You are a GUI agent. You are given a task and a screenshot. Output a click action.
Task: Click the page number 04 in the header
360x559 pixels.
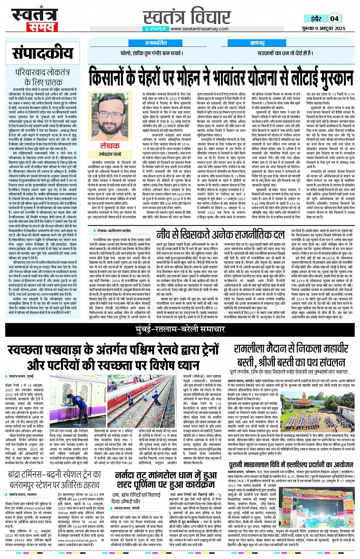(334, 19)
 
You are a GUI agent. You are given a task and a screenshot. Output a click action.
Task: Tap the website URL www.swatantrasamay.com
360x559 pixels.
(200, 29)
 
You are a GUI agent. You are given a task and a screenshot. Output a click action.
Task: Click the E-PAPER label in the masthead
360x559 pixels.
(155, 29)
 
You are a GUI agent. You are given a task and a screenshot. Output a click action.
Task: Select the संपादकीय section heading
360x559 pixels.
(43, 53)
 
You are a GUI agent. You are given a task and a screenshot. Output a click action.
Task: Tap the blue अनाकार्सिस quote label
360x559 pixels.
(155, 43)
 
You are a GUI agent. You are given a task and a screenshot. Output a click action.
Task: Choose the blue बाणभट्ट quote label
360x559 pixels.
(257, 43)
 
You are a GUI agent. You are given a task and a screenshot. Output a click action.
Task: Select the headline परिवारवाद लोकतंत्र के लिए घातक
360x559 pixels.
(43, 77)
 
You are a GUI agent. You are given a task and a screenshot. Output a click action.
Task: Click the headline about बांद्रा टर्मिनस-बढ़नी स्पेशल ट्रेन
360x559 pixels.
(54, 479)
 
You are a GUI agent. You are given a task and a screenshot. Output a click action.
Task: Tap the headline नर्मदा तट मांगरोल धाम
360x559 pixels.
(166, 480)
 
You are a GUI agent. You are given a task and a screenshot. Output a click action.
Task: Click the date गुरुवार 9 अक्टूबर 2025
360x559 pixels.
(324, 29)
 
